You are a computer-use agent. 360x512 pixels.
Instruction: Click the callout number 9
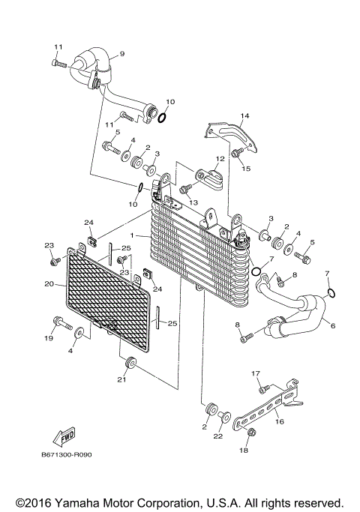pos(121,53)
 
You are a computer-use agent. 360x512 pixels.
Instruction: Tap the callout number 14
pos(243,115)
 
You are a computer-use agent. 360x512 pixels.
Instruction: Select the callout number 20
pos(49,284)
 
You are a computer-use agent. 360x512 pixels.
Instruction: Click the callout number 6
pos(331,326)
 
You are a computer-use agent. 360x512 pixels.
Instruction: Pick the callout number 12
pos(220,159)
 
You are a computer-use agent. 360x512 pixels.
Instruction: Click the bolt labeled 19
pos(58,324)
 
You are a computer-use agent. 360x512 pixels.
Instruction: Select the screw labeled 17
pos(262,388)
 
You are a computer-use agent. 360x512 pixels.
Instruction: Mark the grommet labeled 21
pos(130,365)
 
